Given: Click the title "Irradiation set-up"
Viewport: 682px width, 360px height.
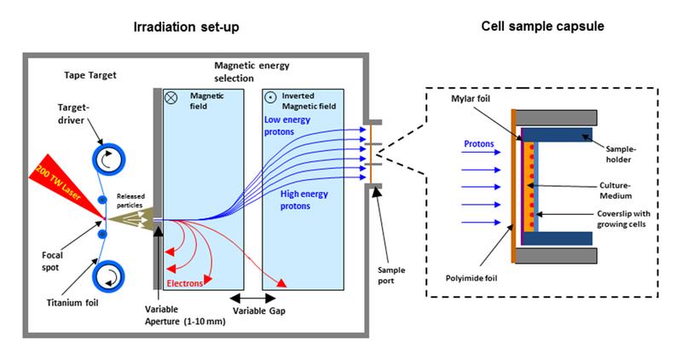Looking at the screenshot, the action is (x=186, y=27).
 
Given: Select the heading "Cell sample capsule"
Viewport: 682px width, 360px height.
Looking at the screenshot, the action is (x=542, y=26).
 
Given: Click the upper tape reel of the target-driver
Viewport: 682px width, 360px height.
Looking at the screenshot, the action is (x=108, y=160).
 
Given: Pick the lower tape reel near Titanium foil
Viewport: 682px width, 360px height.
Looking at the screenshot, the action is (x=108, y=277).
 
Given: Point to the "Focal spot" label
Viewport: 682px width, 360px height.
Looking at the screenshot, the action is (x=52, y=261).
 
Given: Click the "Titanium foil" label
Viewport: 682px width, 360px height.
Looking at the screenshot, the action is (x=72, y=303).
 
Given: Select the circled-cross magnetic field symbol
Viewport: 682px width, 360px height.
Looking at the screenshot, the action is (x=171, y=97).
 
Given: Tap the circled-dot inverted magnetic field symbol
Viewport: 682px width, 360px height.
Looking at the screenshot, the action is (x=270, y=97).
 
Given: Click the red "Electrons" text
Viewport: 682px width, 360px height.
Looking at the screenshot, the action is (x=185, y=283).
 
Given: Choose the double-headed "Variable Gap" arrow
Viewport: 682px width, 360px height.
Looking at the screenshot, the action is (x=252, y=299).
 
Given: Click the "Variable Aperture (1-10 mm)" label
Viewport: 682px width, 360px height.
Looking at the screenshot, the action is (x=185, y=315).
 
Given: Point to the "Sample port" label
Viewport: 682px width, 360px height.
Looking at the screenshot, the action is (x=391, y=276).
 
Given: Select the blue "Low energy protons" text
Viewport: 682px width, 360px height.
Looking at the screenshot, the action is (x=287, y=125).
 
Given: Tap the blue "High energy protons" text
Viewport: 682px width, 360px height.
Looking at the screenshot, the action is (x=303, y=200).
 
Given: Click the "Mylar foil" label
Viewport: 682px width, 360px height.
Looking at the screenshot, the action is (x=471, y=99).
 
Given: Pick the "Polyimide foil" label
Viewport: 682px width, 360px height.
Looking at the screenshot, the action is (x=471, y=278).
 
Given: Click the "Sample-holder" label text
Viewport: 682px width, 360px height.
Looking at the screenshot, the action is (x=621, y=154).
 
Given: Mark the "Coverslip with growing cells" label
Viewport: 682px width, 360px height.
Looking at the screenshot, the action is (x=623, y=219).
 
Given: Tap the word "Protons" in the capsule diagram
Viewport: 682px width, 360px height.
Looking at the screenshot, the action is (x=479, y=144).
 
